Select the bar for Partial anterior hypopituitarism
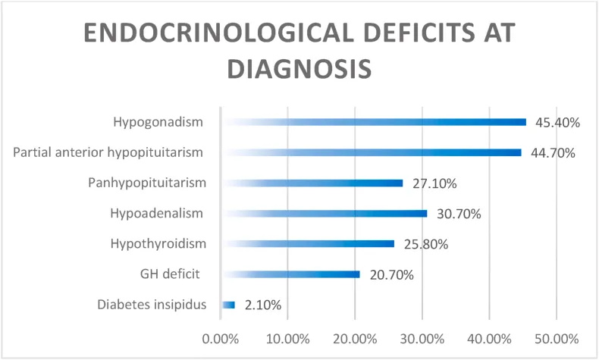(x=371, y=152)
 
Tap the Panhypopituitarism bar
(x=312, y=183)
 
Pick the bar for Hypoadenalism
(x=324, y=214)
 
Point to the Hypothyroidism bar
(x=307, y=244)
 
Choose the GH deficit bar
(x=290, y=274)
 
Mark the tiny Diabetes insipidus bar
(x=228, y=305)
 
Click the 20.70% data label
(x=391, y=275)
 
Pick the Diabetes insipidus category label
(x=152, y=305)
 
